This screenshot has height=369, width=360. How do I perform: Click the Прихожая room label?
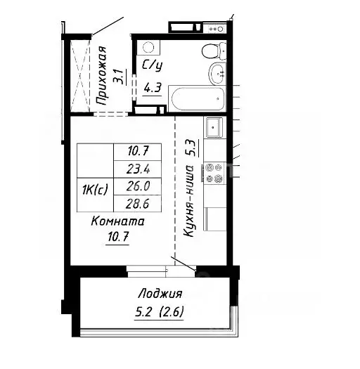click(x=102, y=75)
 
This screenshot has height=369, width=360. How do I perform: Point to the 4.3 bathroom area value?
click(x=151, y=89)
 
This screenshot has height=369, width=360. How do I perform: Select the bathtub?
click(x=198, y=98)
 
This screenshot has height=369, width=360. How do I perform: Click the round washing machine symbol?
click(x=148, y=48)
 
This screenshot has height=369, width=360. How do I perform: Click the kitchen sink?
click(x=214, y=127)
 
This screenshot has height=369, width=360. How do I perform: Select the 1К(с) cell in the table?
click(x=94, y=188)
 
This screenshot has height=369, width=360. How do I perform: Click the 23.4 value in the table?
click(x=137, y=169)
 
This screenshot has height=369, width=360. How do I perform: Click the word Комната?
click(x=118, y=221)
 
